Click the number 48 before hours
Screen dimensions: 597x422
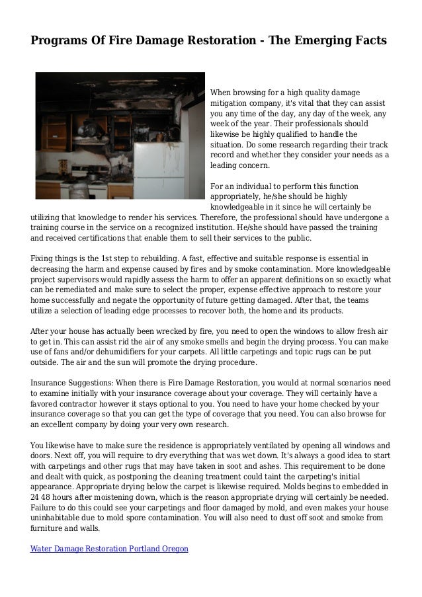coord(48,497)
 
